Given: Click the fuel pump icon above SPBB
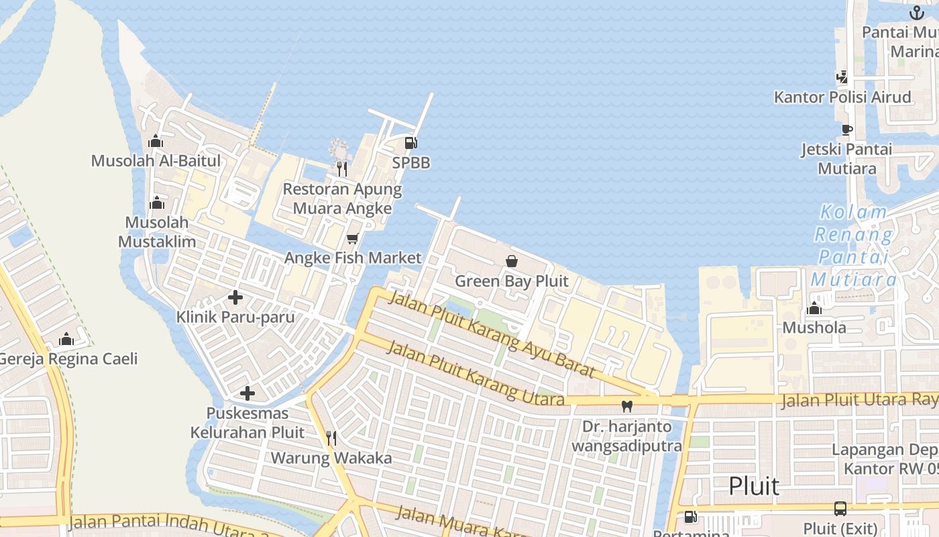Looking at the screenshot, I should click(410, 142).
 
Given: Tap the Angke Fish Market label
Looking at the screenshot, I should click(353, 258).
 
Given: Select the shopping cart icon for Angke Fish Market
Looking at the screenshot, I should click(353, 238).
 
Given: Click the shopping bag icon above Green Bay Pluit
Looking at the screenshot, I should click(511, 261).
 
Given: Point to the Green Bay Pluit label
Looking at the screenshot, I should click(511, 281).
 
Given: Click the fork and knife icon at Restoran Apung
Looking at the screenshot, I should click(342, 168).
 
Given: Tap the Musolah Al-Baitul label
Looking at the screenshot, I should click(156, 161).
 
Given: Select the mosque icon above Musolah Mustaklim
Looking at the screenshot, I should click(157, 203).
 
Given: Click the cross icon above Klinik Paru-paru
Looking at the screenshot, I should click(235, 297).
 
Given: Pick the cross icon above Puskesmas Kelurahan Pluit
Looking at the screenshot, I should click(247, 393).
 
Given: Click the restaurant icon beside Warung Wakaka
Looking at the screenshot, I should click(331, 438).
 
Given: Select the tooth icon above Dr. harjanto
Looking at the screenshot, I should click(627, 406).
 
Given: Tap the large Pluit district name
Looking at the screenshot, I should click(754, 486).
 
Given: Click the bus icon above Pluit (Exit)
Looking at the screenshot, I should click(840, 508).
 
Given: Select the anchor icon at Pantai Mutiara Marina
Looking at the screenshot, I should click(916, 13).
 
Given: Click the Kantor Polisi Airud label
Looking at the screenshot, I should click(842, 97).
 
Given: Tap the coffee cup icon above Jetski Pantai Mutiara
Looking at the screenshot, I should click(846, 130).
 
